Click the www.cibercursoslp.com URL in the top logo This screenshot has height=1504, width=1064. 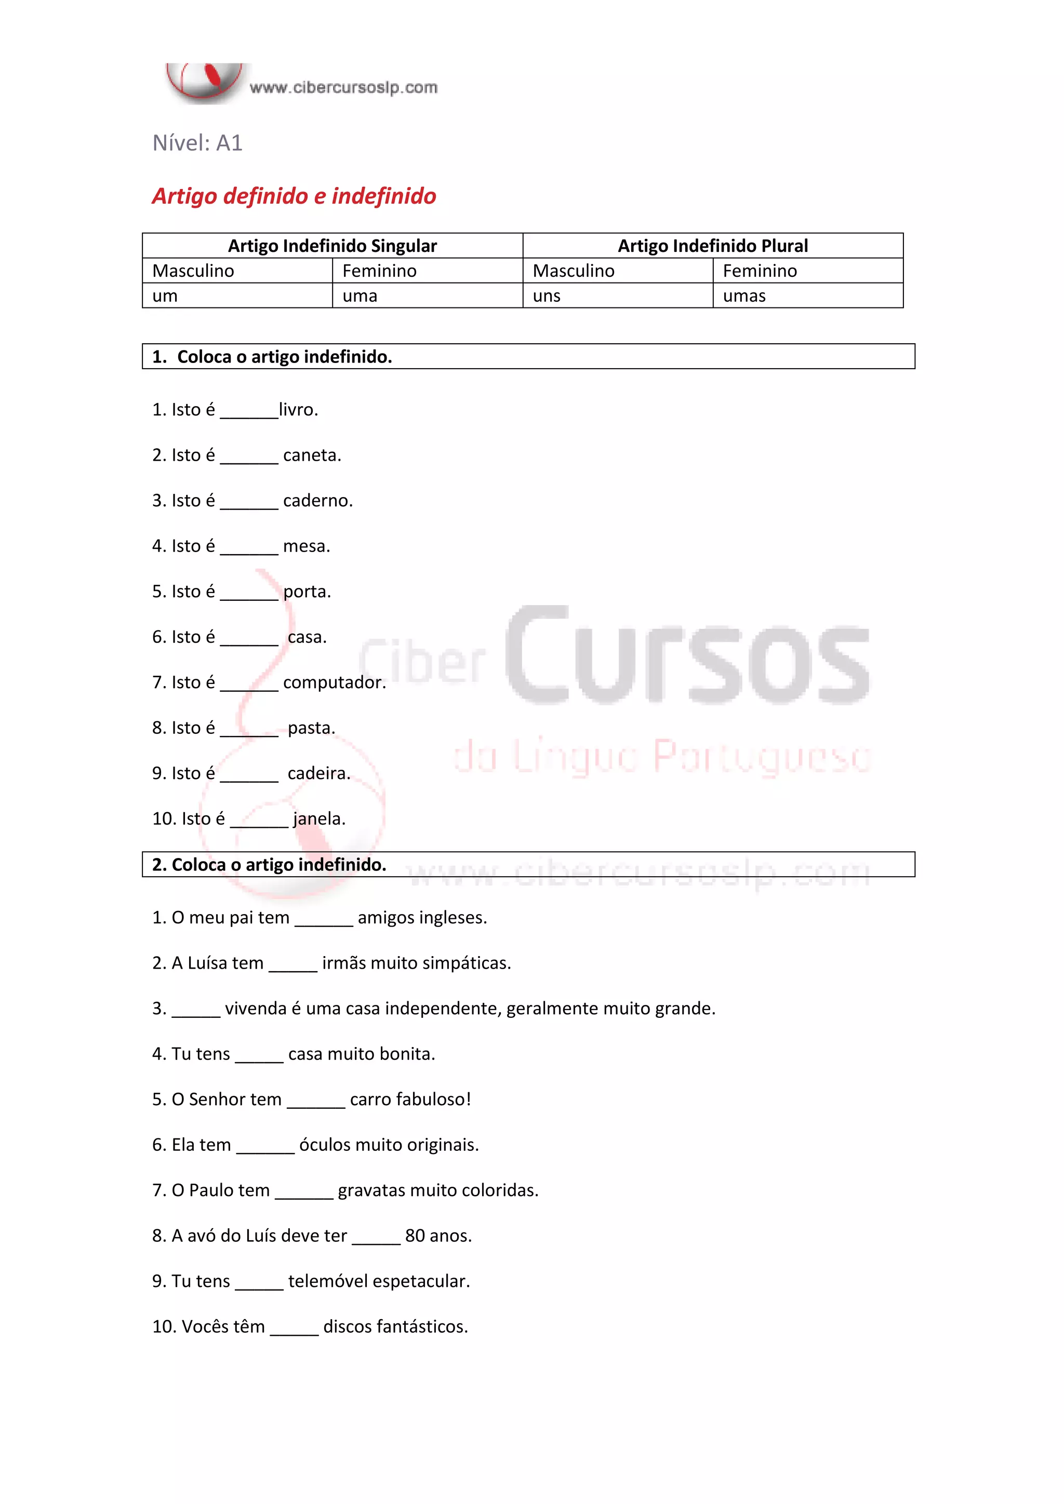click(343, 88)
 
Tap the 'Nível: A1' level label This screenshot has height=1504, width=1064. click(197, 143)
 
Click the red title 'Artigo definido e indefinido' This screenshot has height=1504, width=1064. click(294, 196)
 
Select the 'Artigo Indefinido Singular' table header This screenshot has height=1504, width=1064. click(332, 246)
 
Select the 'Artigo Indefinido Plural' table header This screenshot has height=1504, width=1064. click(713, 246)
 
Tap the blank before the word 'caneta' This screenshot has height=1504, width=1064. click(249, 457)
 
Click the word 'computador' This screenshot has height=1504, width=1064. click(334, 682)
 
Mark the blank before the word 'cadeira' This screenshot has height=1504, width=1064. click(249, 775)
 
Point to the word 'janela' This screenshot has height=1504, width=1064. click(318, 819)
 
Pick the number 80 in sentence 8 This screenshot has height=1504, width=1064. click(415, 1236)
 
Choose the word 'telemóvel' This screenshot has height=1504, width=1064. click(327, 1281)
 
